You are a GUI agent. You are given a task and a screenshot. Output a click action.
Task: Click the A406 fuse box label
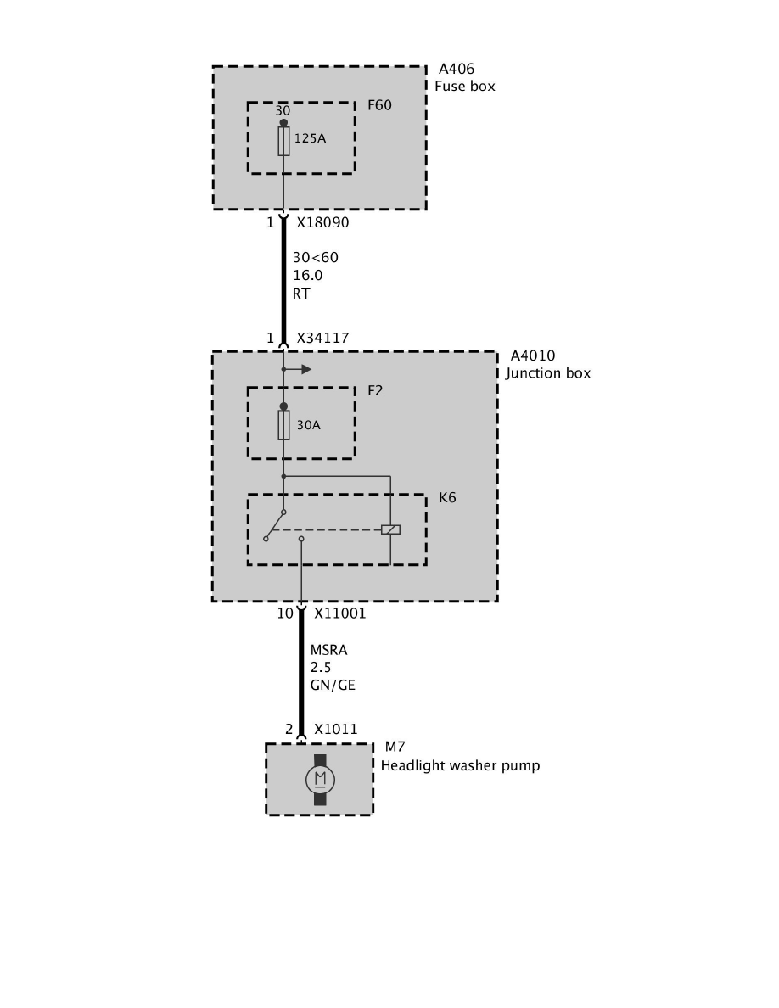tap(457, 70)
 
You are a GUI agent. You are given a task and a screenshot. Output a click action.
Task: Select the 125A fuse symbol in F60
tap(283, 142)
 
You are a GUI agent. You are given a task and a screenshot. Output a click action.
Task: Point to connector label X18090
tap(322, 223)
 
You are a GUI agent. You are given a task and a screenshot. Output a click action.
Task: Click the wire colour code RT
tap(301, 293)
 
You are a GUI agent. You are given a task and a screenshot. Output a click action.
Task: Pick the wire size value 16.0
tap(307, 275)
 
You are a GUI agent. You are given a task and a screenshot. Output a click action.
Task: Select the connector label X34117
tap(322, 339)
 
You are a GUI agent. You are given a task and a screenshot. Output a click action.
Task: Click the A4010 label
tap(533, 356)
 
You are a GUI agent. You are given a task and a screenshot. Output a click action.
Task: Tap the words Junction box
tap(548, 373)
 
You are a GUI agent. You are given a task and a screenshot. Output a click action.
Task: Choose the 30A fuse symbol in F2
tap(283, 425)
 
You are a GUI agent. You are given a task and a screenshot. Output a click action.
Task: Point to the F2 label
tap(375, 391)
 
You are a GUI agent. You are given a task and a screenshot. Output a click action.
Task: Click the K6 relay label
tap(447, 497)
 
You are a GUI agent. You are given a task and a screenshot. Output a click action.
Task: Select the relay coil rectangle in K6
tap(390, 529)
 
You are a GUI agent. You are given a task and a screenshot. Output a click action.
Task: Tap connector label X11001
tap(339, 613)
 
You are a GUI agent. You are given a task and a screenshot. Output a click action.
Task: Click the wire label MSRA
tap(328, 651)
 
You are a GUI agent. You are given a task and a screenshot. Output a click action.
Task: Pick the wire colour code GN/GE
tap(332, 685)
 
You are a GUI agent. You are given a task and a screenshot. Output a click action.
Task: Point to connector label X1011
tap(335, 729)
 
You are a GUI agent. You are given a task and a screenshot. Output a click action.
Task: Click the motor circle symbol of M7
tap(319, 779)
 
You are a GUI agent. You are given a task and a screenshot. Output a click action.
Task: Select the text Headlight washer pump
tap(460, 765)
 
